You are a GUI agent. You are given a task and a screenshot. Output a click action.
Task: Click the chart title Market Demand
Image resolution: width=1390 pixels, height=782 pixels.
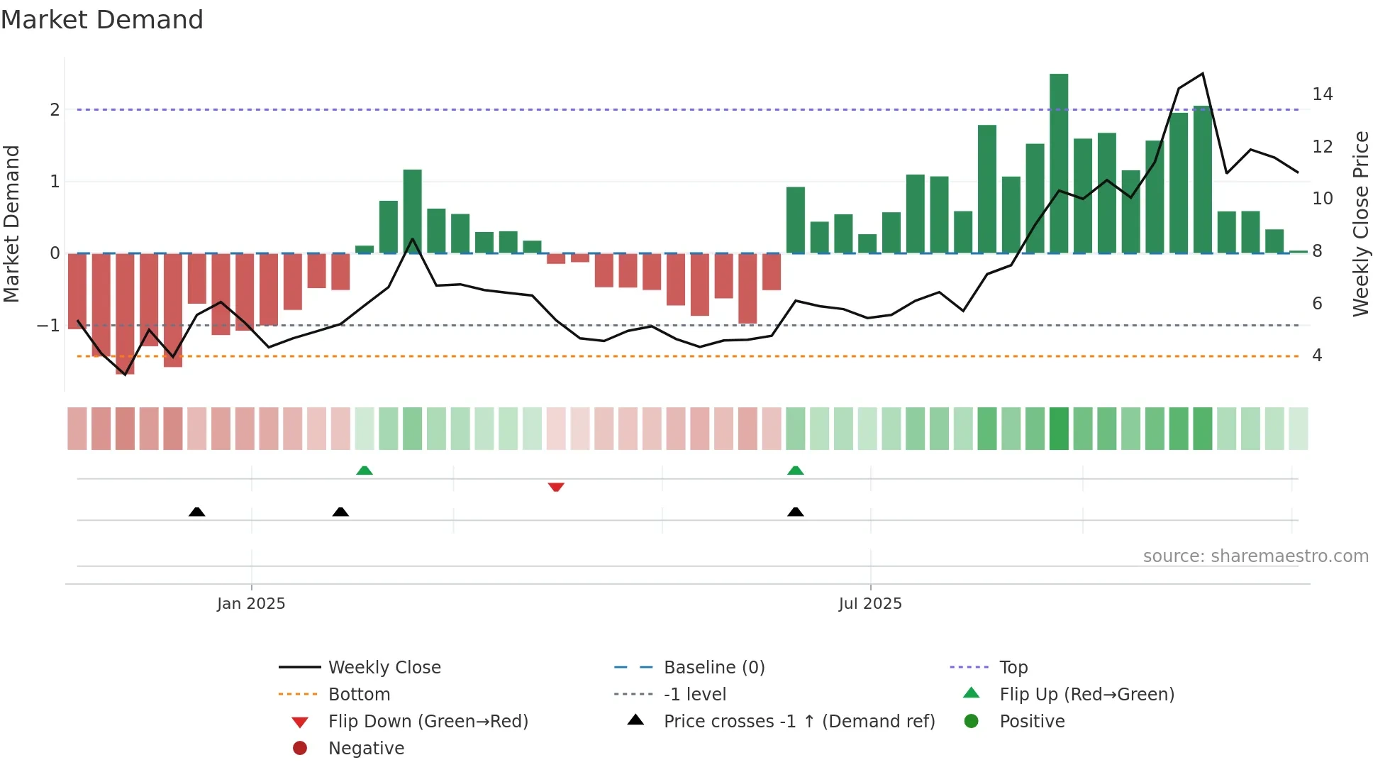pos(102,20)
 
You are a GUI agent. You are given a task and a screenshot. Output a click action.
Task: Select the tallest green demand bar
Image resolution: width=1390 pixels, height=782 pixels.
pos(1059,163)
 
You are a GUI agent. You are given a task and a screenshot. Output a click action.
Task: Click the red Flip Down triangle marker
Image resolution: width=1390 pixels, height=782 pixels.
pos(556,487)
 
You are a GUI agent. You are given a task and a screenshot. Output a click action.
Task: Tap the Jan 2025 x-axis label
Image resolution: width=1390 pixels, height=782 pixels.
pos(251,603)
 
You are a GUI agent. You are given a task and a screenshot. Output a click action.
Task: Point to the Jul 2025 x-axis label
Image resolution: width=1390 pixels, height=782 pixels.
pos(870,603)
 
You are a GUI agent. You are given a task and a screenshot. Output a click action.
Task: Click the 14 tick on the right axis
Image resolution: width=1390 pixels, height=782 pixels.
pos(1322,94)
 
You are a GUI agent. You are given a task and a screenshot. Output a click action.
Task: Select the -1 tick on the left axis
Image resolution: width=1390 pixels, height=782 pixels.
pos(49,326)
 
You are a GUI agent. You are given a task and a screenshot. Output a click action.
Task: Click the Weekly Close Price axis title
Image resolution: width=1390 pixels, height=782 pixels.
pos(1360,224)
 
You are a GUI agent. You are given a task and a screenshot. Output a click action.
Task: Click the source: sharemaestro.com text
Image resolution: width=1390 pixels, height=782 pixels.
pos(1255,556)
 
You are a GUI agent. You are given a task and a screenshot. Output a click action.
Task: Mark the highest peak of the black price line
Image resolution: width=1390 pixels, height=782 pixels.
pos(1202,74)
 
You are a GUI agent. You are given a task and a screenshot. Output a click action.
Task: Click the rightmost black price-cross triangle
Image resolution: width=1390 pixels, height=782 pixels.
pos(796,512)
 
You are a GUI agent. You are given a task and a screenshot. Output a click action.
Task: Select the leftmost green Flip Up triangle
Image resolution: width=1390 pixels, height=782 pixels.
pos(364,470)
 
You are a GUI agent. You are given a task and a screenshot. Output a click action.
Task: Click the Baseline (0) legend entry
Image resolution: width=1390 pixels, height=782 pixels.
pos(713,667)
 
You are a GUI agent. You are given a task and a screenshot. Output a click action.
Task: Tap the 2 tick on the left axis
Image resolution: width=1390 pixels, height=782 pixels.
pos(55,110)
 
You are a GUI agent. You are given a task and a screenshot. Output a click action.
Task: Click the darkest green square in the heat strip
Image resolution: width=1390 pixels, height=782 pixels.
pos(1059,428)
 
